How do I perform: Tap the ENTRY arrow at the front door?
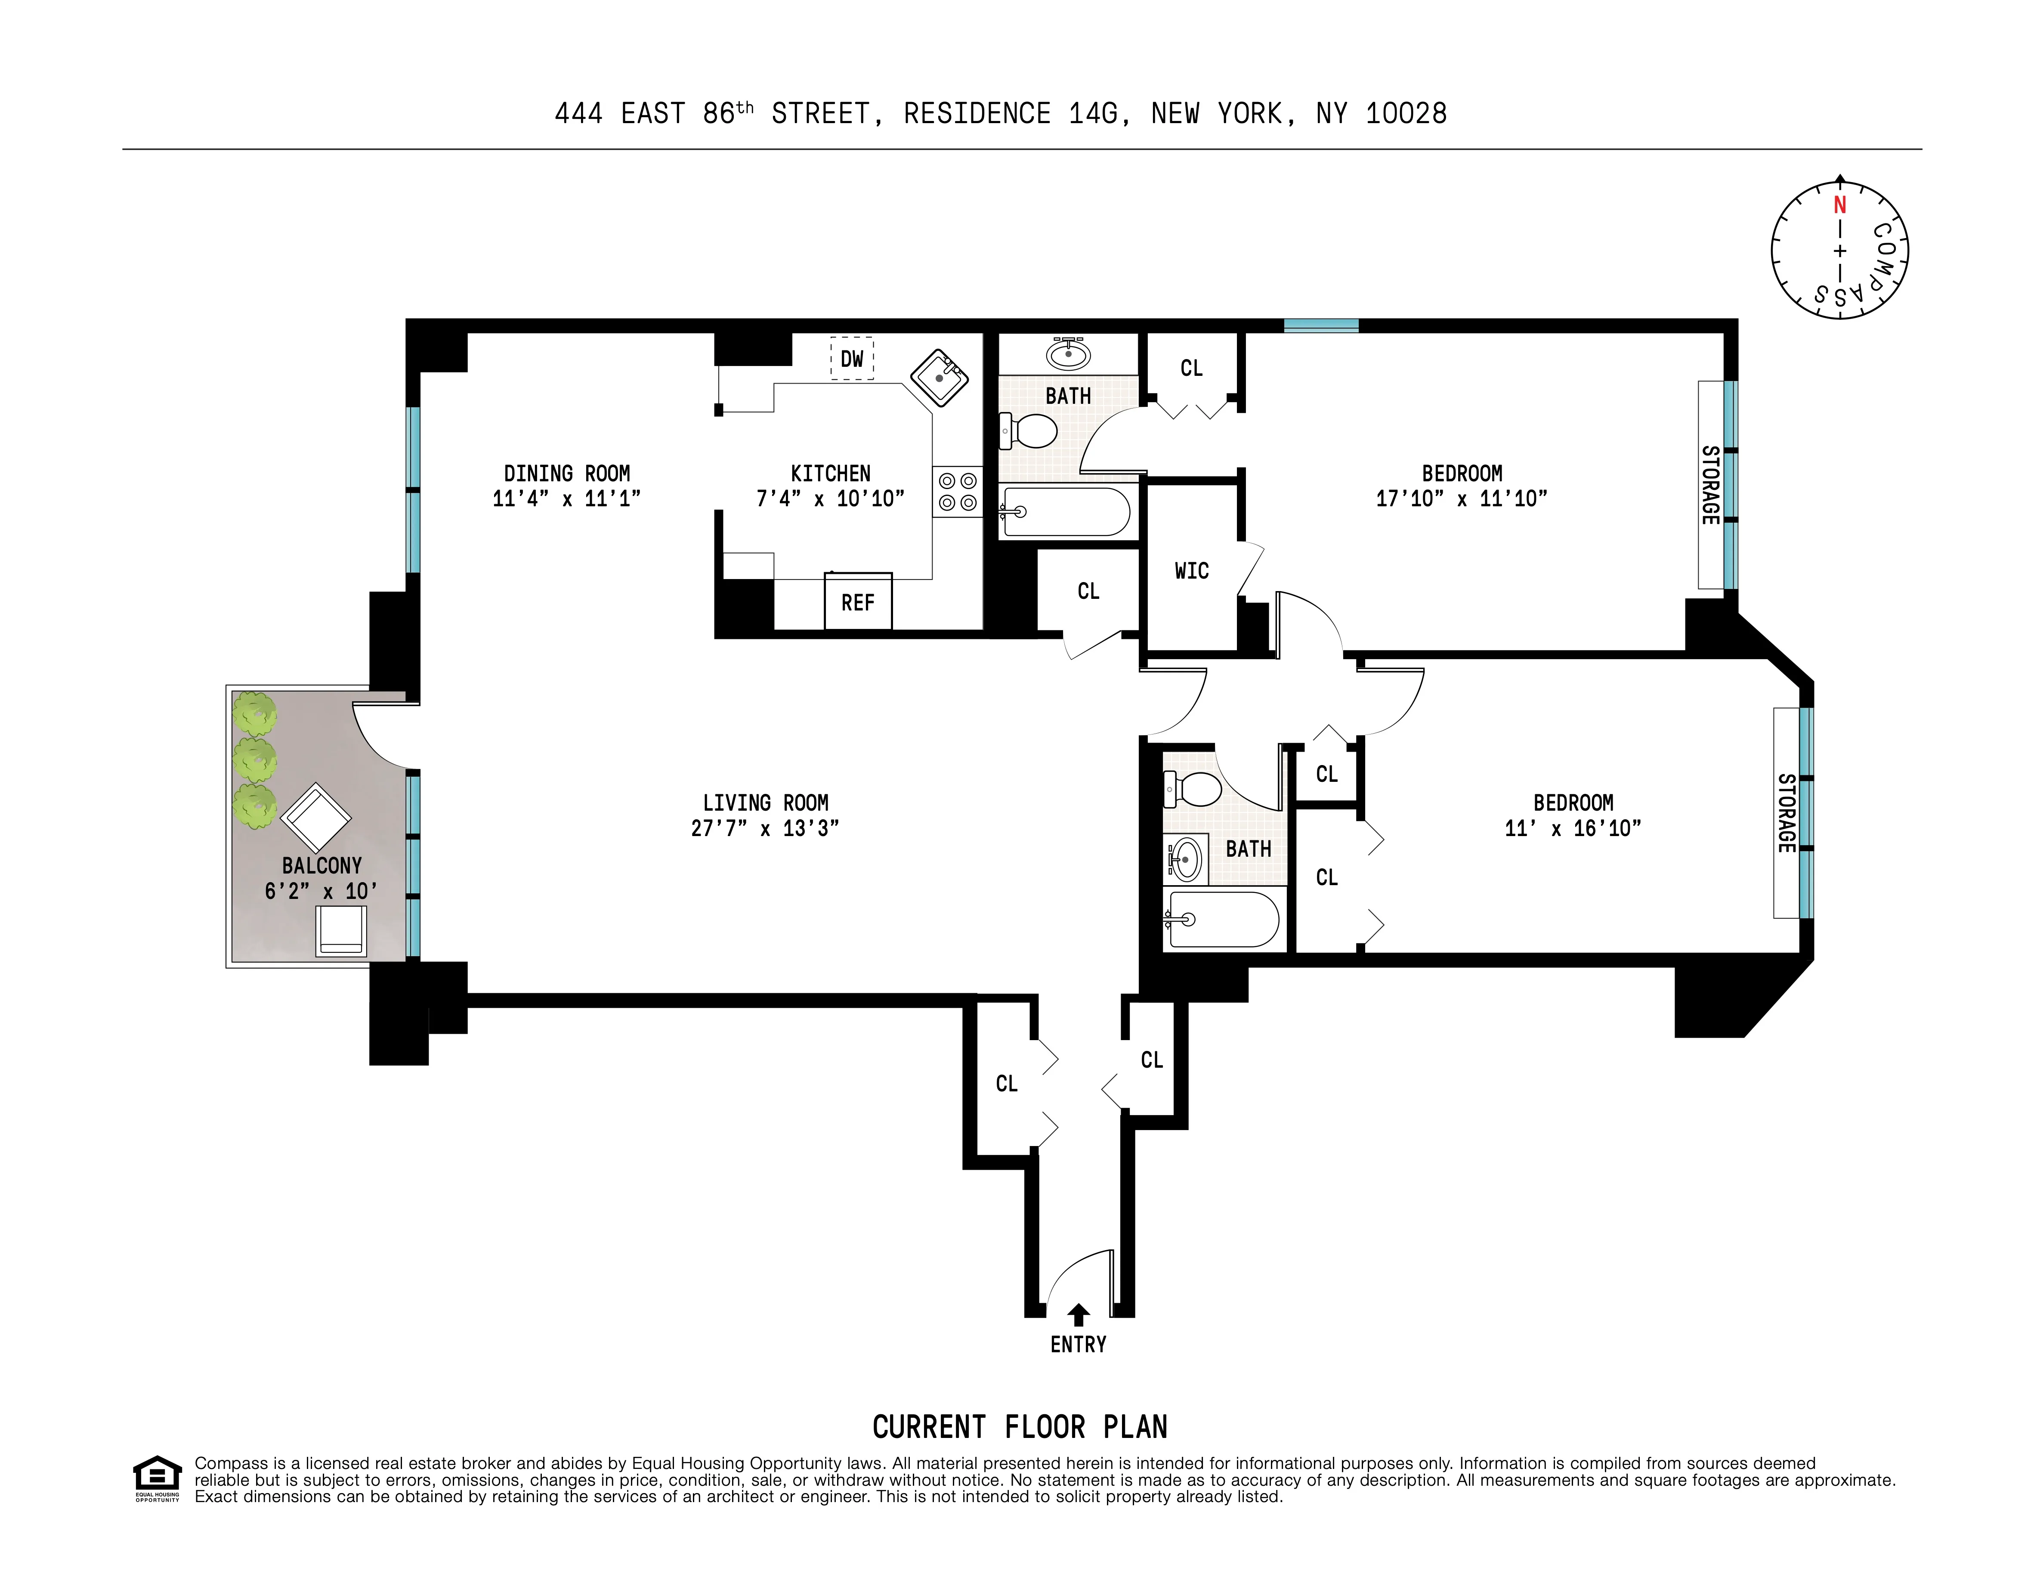1078,1314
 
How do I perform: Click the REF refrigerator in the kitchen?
857,601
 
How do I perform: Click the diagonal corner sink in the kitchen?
939,378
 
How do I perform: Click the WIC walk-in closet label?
1191,571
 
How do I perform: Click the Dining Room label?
567,474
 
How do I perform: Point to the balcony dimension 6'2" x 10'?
321,891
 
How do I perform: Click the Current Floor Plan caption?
1019,1427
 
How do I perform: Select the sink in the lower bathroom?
1184,858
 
